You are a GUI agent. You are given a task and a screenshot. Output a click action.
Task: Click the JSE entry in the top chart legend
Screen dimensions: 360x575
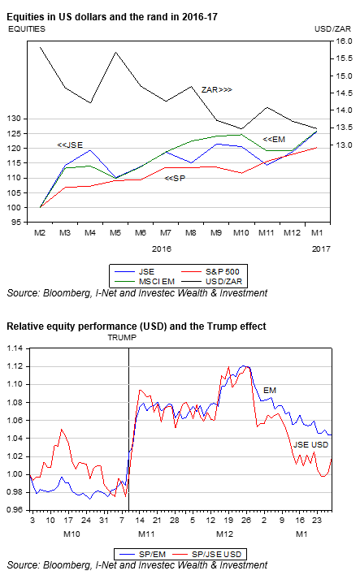coord(135,272)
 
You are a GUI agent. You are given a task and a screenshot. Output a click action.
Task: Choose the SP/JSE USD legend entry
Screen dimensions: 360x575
coord(207,554)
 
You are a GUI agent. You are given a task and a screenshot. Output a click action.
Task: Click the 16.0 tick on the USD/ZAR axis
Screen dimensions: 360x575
coord(344,41)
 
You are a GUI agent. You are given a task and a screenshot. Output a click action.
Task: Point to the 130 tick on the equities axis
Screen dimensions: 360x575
coord(14,119)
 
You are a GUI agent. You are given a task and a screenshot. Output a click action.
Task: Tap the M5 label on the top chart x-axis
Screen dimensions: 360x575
coord(115,233)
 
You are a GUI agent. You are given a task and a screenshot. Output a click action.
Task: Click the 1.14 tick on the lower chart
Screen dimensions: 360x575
coord(15,348)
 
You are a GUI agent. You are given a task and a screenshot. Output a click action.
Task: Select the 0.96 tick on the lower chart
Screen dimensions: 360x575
coord(15,510)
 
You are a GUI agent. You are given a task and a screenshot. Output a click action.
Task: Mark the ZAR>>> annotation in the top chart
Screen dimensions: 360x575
coord(216,90)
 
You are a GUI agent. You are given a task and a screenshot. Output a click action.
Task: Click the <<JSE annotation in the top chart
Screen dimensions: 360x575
coord(70,145)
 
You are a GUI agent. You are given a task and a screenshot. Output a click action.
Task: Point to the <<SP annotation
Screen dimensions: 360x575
coord(175,179)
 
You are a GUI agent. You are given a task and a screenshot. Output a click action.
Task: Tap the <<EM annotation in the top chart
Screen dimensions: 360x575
coord(274,140)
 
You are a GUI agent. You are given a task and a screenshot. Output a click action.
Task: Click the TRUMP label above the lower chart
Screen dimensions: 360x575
coord(122,338)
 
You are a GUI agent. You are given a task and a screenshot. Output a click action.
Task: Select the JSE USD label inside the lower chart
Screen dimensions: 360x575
coord(310,445)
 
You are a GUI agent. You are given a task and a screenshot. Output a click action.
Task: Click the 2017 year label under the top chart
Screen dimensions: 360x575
coord(321,249)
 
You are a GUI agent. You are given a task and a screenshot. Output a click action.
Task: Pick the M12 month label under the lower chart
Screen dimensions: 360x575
coord(224,534)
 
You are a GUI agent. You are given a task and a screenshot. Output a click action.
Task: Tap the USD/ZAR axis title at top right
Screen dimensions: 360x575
coord(332,29)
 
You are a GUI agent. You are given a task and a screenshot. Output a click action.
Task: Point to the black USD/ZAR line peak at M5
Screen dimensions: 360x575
coord(116,52)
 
